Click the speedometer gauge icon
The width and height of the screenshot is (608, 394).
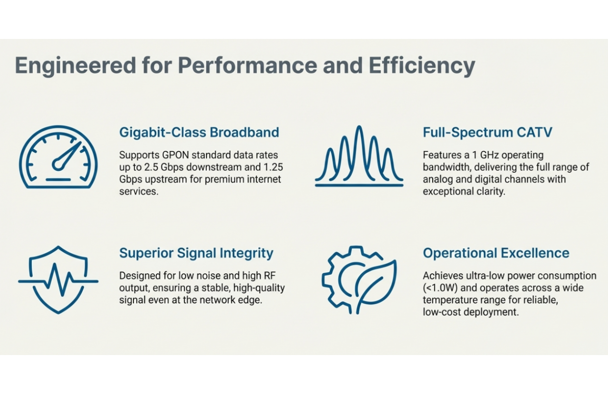coord(58,157)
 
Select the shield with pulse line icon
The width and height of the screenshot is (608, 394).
coord(58,280)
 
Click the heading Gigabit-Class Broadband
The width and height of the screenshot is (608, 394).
coord(199,132)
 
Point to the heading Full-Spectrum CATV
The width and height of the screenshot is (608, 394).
coord(487,132)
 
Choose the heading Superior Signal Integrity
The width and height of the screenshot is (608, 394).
coord(196,253)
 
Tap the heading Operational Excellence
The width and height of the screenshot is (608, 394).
coord(496,253)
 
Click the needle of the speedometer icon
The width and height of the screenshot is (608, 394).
coord(66,154)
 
